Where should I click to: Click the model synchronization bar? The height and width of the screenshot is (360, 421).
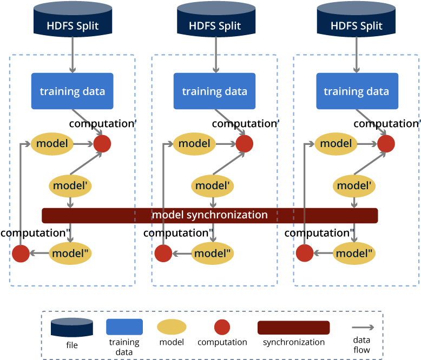click(x=210, y=215)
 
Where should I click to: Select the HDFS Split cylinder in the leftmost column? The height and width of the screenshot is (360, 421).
click(x=73, y=22)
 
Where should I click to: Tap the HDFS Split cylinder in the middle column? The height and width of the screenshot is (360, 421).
click(x=215, y=22)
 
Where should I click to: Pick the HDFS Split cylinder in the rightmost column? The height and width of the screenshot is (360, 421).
click(x=357, y=22)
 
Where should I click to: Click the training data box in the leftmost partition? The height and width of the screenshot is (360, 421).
click(x=72, y=91)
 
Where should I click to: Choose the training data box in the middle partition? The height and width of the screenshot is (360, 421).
click(x=214, y=91)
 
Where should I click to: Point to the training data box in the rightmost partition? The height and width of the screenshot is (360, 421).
click(x=357, y=91)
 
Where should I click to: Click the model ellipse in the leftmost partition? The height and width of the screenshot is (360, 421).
click(x=52, y=144)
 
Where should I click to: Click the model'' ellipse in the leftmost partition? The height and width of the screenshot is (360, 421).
click(x=71, y=252)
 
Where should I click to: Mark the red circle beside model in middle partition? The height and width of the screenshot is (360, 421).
click(x=244, y=144)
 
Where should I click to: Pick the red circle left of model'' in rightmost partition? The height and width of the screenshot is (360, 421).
click(x=305, y=253)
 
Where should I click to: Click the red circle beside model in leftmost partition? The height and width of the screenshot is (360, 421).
click(x=102, y=144)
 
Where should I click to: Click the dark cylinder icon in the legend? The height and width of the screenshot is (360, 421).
click(x=72, y=328)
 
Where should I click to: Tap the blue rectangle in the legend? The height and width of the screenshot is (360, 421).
click(x=124, y=327)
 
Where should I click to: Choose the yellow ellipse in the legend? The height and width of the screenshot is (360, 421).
click(x=172, y=327)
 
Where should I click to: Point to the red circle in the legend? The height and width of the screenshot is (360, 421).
click(x=222, y=327)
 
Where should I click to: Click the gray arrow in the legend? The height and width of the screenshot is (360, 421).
click(x=363, y=327)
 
